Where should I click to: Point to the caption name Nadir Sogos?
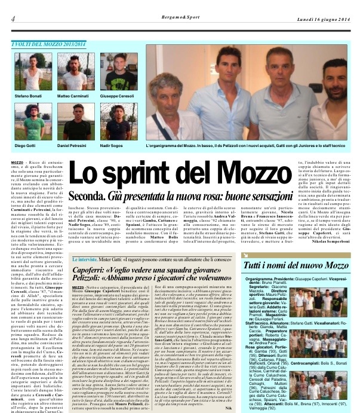[x=112, y=145]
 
